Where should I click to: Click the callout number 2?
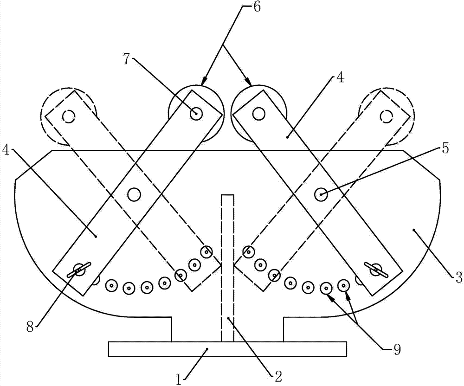(x=278, y=376)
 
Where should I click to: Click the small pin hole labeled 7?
(x=196, y=113)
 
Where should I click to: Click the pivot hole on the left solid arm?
(x=134, y=194)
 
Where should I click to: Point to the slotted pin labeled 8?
(x=79, y=270)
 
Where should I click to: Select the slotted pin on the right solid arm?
(x=376, y=269)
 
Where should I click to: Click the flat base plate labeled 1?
(x=227, y=349)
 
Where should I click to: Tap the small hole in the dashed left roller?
(x=69, y=116)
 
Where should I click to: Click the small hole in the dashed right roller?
(x=386, y=115)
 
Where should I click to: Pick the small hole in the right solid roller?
(x=258, y=112)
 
